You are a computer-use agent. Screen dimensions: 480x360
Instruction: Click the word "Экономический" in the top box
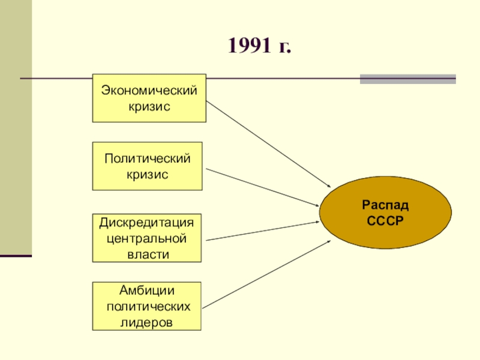point(149,91)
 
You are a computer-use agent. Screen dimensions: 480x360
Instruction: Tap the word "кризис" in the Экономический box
point(149,106)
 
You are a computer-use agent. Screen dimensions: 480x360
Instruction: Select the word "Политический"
point(148,159)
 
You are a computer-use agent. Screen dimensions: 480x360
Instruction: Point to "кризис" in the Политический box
point(148,174)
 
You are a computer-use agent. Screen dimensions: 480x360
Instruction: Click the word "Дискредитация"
point(147,223)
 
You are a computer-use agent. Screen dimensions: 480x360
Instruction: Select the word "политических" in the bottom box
point(147,307)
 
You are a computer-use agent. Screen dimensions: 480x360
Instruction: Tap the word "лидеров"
point(147,322)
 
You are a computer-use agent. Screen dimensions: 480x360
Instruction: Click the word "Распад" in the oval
point(385,205)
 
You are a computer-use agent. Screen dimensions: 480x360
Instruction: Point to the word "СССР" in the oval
point(385,220)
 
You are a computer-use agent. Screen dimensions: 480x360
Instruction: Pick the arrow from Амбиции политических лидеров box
point(267,273)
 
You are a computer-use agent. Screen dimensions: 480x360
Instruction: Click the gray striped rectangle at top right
point(407,79)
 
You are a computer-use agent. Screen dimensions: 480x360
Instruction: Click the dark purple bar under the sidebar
point(16,256)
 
